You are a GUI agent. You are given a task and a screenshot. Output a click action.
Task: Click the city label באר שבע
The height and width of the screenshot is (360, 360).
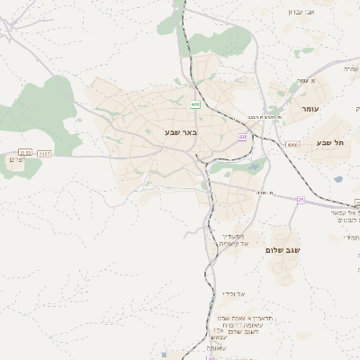[x=180, y=132]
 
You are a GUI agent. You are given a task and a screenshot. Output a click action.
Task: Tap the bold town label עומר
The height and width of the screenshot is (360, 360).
[x=310, y=109]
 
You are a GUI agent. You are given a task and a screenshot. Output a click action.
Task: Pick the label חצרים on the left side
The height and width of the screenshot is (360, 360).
[x=15, y=159]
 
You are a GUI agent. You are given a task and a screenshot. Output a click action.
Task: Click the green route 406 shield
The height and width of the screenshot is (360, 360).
[x=194, y=104]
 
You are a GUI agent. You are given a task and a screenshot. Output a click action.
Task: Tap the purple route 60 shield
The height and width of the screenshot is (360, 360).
[x=242, y=137]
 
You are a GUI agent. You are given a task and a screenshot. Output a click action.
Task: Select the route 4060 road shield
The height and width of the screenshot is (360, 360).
[x=292, y=144]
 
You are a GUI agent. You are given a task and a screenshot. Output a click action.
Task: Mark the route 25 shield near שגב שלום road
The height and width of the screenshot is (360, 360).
[x=301, y=200]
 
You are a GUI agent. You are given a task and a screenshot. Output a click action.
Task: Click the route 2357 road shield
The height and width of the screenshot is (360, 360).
[x=45, y=153]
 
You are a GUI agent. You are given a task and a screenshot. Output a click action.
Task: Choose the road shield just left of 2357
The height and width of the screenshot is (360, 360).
[x=25, y=153]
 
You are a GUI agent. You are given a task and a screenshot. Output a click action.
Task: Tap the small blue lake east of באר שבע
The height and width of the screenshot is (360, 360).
[x=337, y=179]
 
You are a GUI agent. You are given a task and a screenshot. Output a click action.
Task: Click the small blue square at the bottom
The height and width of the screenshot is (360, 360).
[x=164, y=355]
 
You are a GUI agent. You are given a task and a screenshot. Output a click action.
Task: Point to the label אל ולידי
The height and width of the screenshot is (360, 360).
[x=233, y=293]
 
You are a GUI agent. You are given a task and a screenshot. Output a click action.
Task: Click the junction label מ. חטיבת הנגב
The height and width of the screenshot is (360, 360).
[x=267, y=118]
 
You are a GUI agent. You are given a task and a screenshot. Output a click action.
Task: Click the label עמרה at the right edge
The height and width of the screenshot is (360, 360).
[x=350, y=67]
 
